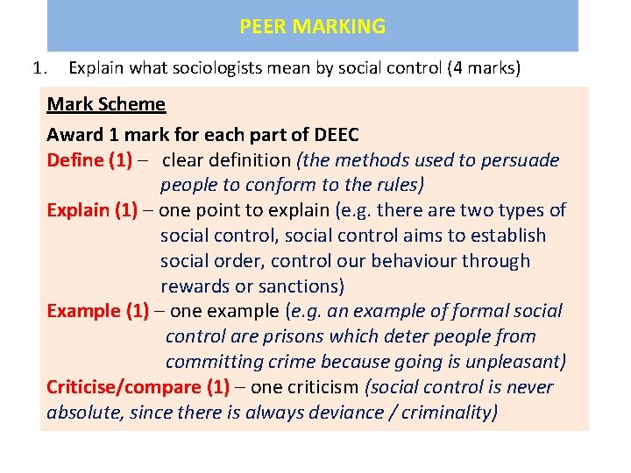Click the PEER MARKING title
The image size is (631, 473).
point(312,26)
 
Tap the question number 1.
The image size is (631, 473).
point(38,67)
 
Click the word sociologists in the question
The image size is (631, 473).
point(216,67)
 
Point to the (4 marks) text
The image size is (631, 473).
point(483,67)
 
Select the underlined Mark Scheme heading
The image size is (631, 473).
point(106,104)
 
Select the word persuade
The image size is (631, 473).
point(520,160)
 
